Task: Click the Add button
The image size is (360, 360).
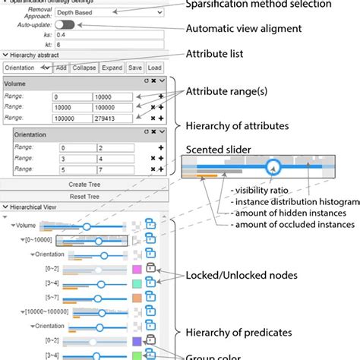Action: pos(61,68)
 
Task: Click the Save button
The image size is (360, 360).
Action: pos(134,68)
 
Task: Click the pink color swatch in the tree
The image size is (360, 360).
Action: pos(137,269)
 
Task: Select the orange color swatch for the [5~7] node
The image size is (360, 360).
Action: pos(137,298)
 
